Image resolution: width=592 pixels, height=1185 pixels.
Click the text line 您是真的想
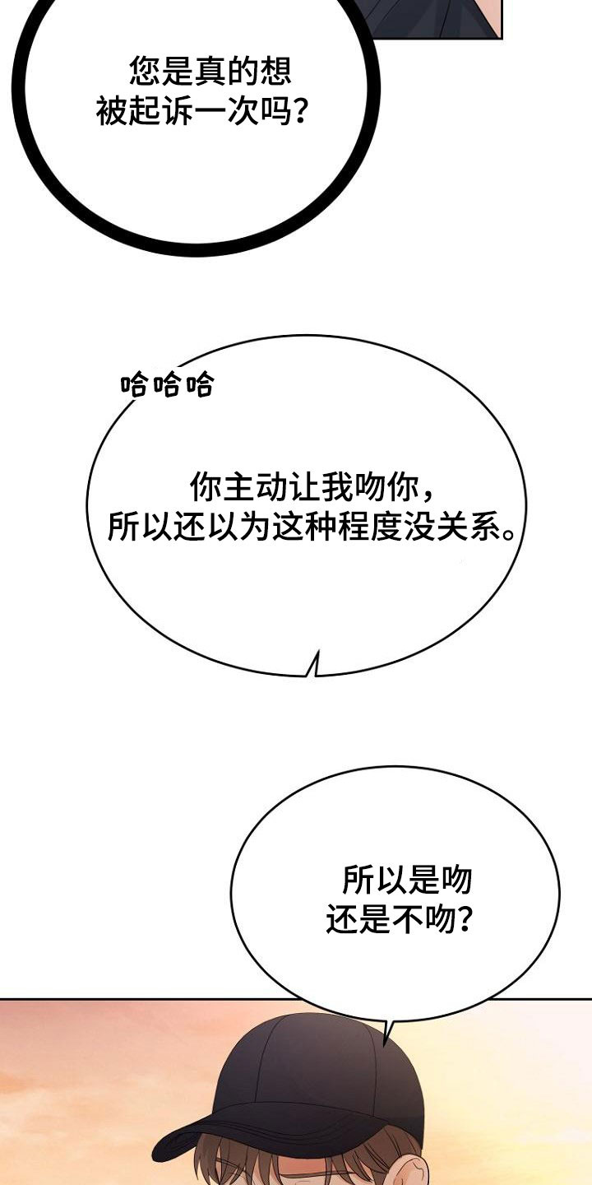click(210, 71)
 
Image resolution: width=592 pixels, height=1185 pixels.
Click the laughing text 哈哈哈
click(167, 384)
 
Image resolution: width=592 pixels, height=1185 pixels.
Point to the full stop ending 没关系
click(508, 534)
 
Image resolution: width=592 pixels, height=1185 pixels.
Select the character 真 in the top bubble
click(210, 71)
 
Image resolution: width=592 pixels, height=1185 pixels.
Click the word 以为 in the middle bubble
click(239, 527)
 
